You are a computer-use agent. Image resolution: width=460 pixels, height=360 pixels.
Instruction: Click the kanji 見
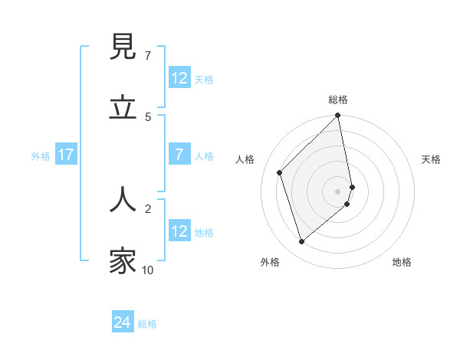(x=123, y=47)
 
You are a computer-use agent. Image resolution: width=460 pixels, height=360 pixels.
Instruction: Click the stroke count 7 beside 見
(x=147, y=56)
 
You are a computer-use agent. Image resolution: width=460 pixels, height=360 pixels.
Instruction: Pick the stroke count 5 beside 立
(x=147, y=116)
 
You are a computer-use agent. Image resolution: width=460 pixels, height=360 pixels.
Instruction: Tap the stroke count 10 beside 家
(x=148, y=270)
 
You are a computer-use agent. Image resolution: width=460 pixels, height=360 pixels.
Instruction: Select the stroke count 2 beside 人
(x=147, y=208)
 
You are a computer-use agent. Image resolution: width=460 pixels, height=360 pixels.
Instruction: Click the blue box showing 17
(x=66, y=155)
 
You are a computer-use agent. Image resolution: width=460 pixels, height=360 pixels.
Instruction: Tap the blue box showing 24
(x=123, y=323)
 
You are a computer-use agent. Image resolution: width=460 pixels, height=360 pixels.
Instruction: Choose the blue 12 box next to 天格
(x=179, y=78)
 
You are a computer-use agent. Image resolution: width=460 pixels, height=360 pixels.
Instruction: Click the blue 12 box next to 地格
(x=179, y=231)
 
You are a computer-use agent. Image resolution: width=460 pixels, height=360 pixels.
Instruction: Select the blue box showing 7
(x=179, y=155)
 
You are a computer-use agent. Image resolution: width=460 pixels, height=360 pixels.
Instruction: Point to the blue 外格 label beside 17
(x=41, y=155)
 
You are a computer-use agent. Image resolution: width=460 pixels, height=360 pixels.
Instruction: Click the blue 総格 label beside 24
(x=147, y=324)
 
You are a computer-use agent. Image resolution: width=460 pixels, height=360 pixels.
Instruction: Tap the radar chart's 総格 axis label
(x=338, y=100)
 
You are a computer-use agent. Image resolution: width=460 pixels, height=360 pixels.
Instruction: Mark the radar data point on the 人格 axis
(x=280, y=172)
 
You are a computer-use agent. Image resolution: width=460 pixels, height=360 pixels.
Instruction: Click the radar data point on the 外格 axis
(x=301, y=242)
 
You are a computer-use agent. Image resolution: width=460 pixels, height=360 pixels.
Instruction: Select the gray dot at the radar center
(x=338, y=191)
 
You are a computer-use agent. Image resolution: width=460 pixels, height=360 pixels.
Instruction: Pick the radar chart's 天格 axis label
(x=431, y=159)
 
